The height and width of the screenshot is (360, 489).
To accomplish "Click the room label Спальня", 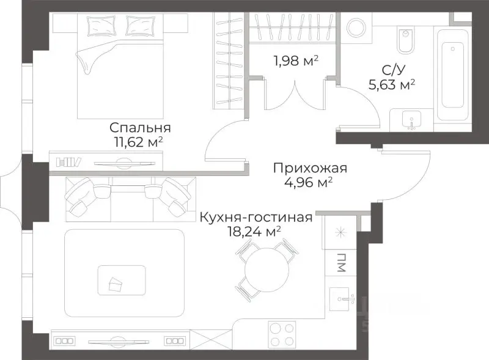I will click(140, 128).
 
